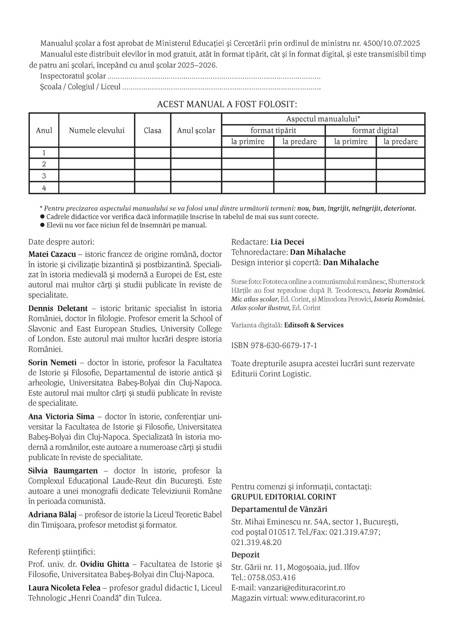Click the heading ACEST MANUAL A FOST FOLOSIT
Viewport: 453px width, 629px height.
[x=226, y=104]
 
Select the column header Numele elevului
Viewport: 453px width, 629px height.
[x=96, y=130]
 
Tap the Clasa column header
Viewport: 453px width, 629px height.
[x=153, y=130]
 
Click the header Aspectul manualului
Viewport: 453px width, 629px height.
[x=323, y=119]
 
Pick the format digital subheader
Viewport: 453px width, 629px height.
[x=375, y=130]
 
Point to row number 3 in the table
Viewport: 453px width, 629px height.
[x=44, y=176]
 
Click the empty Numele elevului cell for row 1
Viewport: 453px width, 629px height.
[x=96, y=152]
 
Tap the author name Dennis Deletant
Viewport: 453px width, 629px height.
[x=58, y=309]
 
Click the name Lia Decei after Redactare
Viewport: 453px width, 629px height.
[x=287, y=242]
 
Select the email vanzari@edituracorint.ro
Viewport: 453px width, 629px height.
[x=301, y=587]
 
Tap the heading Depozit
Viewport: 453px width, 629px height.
[x=245, y=555]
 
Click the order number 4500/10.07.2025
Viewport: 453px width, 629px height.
[x=391, y=43]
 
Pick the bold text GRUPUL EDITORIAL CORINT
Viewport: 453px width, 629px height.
[x=284, y=497]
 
